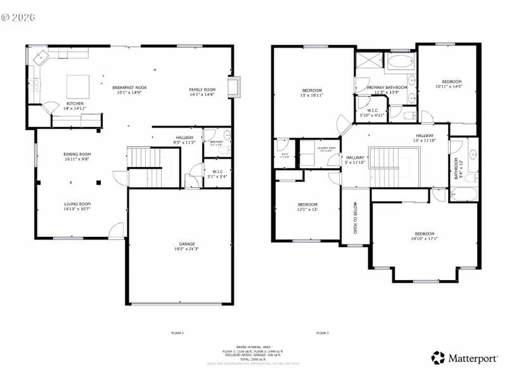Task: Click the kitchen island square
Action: coord(79,84)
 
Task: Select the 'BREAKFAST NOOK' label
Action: coord(130,87)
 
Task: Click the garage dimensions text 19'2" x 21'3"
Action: coord(186,249)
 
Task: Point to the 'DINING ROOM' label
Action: coord(77,154)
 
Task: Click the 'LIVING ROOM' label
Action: coord(77,204)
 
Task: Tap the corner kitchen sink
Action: coord(40,57)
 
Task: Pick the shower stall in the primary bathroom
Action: coord(366,62)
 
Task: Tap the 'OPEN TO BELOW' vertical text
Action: coord(355,217)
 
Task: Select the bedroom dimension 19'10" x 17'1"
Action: coord(425,239)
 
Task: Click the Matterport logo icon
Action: coord(439,358)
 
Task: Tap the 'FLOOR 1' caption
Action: coord(177,333)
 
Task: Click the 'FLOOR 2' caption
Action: coord(322,333)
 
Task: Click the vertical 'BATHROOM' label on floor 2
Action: coord(456,168)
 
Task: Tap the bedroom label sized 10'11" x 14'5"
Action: coord(451,81)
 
